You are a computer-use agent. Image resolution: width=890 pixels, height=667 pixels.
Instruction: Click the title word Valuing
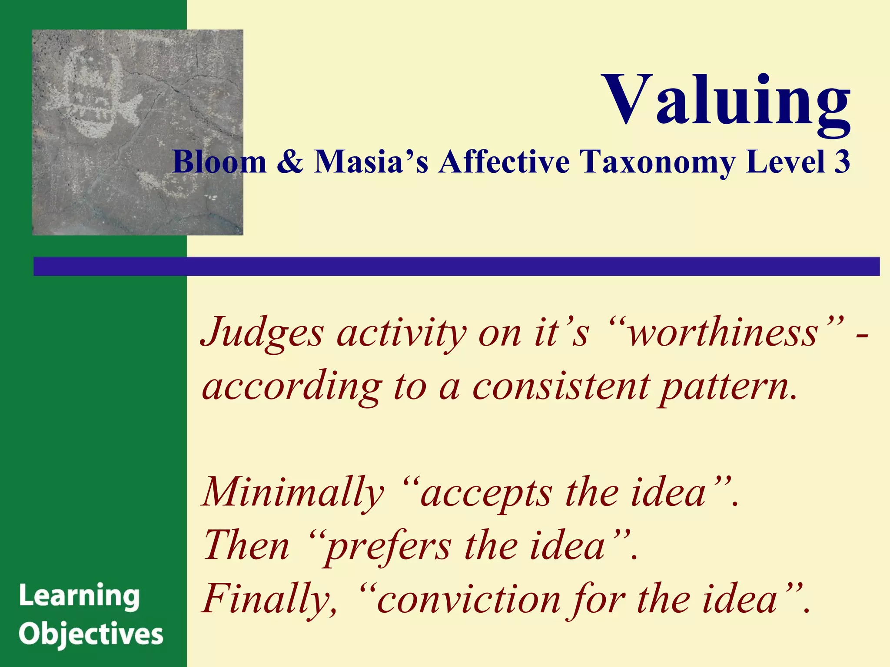727,101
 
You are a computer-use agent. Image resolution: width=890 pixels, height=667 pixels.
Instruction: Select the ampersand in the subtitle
290,162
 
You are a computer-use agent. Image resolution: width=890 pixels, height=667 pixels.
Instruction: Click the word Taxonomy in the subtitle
658,162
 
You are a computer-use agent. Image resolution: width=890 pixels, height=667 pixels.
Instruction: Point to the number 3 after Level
841,162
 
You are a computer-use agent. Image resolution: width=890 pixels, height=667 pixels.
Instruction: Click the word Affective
504,162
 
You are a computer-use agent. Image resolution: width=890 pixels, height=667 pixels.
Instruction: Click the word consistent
561,386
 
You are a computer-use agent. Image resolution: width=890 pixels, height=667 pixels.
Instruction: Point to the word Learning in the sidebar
80,597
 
